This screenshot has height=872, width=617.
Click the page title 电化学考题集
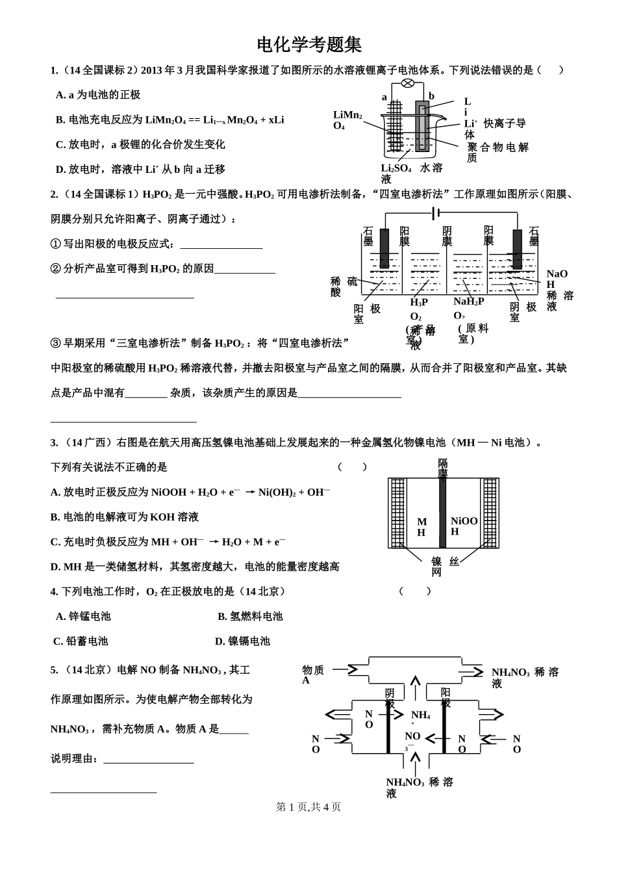click(308, 45)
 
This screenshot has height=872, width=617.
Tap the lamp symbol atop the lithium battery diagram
click(408, 83)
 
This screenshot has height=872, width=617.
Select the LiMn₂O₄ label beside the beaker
click(347, 120)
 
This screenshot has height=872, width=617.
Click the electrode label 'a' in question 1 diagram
click(384, 97)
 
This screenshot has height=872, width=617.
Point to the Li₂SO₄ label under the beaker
click(396, 168)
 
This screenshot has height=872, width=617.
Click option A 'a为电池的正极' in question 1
click(98, 95)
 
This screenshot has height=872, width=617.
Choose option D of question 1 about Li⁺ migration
click(140, 169)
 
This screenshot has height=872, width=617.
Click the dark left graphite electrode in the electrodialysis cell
click(384, 249)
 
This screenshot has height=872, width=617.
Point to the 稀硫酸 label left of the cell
click(344, 287)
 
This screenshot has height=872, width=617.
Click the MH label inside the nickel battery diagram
click(422, 527)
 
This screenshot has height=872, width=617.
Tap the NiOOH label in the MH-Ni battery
click(464, 526)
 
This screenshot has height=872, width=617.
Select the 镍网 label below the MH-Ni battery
click(436, 567)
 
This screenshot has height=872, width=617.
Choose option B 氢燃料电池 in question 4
click(250, 616)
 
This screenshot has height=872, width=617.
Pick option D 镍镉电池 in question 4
click(242, 641)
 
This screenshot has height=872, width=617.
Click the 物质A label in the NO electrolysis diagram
click(313, 674)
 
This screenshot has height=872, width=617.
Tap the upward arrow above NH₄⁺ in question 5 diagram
click(415, 688)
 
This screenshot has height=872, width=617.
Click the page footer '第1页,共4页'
click(308, 806)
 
